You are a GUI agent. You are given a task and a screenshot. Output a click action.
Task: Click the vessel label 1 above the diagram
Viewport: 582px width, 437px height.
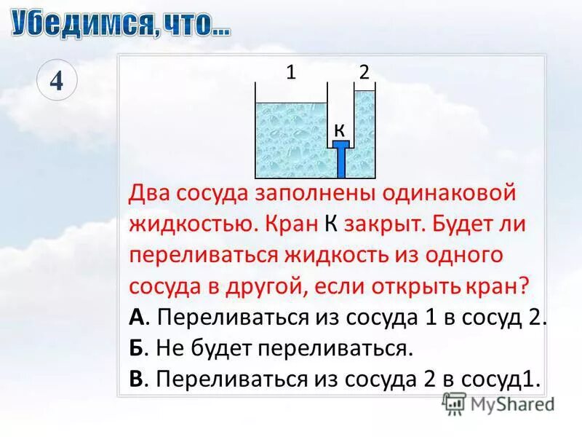[290, 71]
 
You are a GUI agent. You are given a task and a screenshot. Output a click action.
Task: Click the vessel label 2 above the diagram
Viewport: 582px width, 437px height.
[364, 71]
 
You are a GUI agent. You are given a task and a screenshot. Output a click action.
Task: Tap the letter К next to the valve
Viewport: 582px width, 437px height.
[339, 130]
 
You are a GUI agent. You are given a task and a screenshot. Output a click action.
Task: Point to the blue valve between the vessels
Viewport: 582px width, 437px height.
[341, 157]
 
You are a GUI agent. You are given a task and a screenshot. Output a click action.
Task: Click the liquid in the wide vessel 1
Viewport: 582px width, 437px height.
[291, 138]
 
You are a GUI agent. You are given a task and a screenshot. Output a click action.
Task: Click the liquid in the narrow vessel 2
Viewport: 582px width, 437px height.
[364, 135]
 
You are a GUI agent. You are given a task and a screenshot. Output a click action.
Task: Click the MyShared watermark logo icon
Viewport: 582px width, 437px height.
[455, 402]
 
